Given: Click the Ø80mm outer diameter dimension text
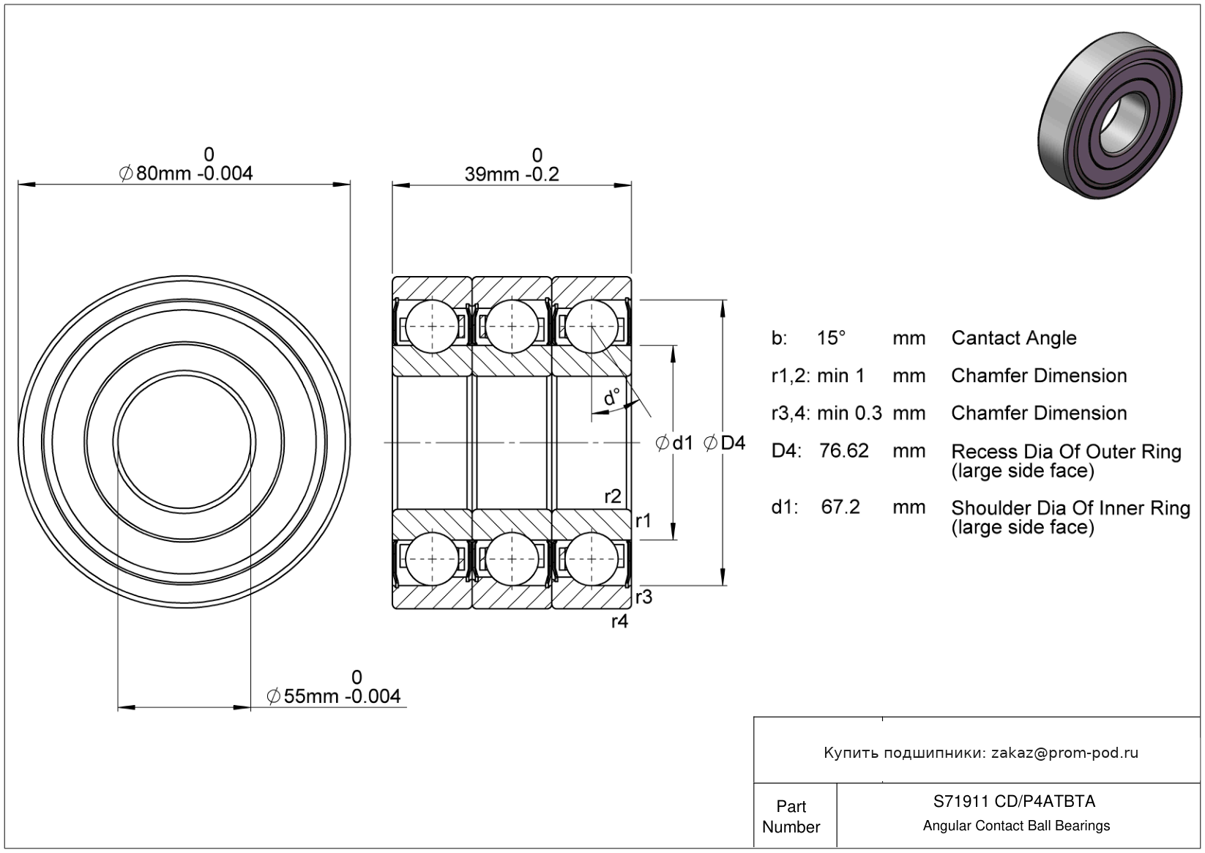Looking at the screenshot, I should [186, 174].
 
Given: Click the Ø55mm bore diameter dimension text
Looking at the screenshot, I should [334, 696].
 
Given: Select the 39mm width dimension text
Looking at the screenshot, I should [512, 174].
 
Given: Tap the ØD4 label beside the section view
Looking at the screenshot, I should [724, 443].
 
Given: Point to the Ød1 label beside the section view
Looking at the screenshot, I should [674, 443].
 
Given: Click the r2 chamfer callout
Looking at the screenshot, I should [613, 496].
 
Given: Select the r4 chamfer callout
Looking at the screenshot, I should [619, 622].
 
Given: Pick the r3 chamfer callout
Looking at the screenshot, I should [643, 597].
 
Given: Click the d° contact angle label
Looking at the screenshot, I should [611, 398].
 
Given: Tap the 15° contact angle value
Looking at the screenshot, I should [831, 338].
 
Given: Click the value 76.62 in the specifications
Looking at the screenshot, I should [843, 450].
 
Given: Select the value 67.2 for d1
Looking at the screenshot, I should [840, 507].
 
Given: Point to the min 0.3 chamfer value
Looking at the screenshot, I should [849, 413].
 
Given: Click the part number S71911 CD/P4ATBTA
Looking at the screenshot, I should [1014, 801].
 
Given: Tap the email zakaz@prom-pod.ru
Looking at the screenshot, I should [1064, 753].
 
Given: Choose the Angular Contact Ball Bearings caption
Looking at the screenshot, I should [1016, 826].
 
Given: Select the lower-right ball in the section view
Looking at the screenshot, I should [589, 559].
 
